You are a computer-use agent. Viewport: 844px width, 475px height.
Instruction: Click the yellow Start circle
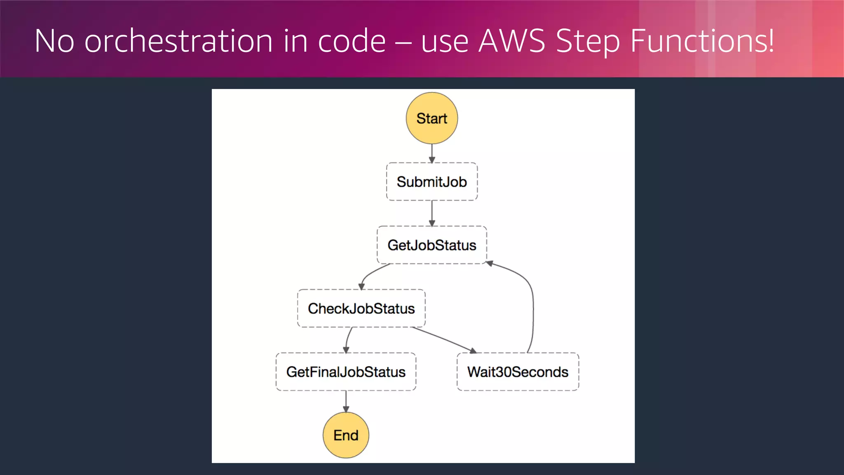pyautogui.click(x=431, y=118)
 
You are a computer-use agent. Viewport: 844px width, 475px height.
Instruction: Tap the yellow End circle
pyautogui.click(x=346, y=435)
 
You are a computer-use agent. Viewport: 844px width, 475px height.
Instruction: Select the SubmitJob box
pyautogui.click(x=431, y=182)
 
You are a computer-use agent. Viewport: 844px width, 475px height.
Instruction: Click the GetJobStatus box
pyautogui.click(x=431, y=245)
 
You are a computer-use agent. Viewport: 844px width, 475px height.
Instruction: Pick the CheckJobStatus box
pyautogui.click(x=361, y=308)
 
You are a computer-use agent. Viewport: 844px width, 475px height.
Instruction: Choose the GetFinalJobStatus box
pyautogui.click(x=346, y=372)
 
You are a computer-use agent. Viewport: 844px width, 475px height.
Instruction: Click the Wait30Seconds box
pyautogui.click(x=518, y=372)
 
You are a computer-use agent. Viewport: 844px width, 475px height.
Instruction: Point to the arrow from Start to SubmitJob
pyautogui.click(x=431, y=153)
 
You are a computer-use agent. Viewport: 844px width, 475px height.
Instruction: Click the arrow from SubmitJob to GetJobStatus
pyautogui.click(x=431, y=213)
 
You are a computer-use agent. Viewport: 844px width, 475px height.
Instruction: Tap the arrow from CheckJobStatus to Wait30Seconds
pyautogui.click(x=444, y=340)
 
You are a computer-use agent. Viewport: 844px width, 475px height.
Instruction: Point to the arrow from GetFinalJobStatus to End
pyautogui.click(x=346, y=401)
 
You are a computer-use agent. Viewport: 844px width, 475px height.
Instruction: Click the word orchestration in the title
pyautogui.click(x=178, y=41)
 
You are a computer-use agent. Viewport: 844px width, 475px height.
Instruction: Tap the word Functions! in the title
pyautogui.click(x=702, y=41)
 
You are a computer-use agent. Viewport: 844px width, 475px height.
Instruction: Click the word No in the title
pyautogui.click(x=54, y=41)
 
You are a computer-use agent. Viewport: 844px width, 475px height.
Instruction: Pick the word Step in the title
pyautogui.click(x=588, y=41)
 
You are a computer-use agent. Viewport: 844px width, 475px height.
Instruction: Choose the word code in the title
pyautogui.click(x=352, y=41)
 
